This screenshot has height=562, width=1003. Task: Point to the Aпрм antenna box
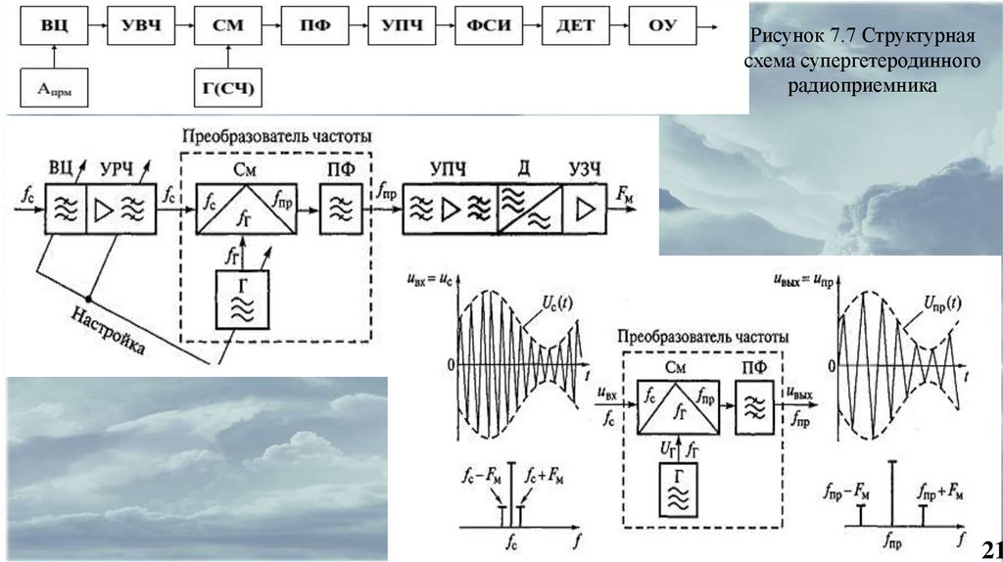(56, 91)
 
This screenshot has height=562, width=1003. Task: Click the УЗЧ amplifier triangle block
(585, 211)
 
